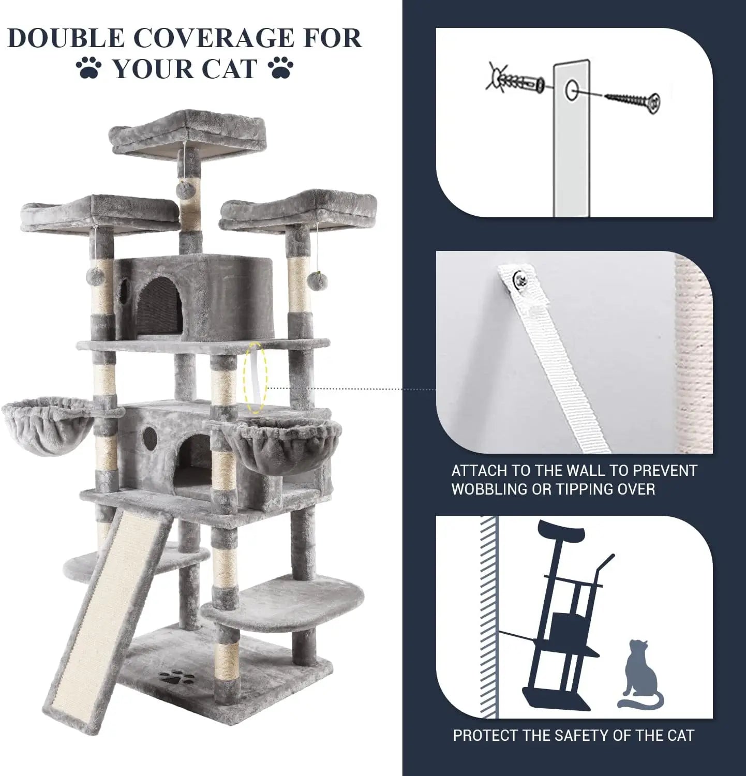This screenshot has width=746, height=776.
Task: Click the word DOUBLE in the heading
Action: pyautogui.click(x=66, y=39)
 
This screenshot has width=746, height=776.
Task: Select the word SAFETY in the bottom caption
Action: pyautogui.click(x=575, y=735)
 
